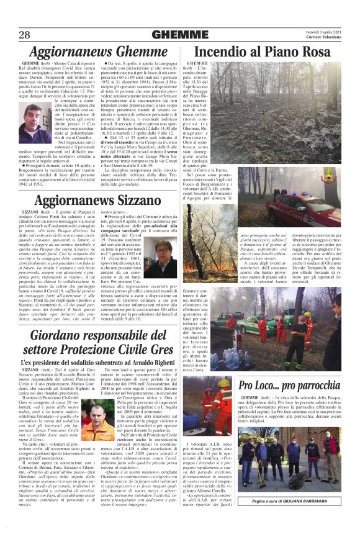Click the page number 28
coord(25,34)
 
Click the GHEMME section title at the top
coord(179,34)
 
